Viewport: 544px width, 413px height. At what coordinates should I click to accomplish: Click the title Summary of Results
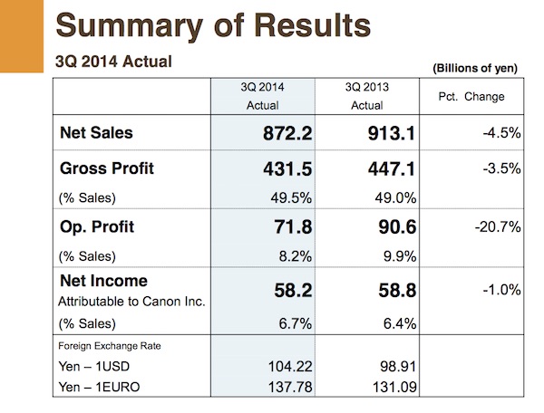(213, 26)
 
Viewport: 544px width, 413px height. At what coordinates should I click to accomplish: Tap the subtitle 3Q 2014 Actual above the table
(114, 62)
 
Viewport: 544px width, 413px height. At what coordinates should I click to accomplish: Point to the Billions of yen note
(475, 68)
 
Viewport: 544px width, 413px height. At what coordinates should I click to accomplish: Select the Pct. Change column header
(471, 97)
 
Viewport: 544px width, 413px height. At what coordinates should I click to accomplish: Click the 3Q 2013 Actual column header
(366, 96)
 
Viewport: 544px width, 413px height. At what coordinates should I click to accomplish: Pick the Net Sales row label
(96, 133)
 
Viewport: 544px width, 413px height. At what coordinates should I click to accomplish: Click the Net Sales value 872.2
(287, 133)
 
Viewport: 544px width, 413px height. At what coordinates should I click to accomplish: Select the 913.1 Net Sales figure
(392, 133)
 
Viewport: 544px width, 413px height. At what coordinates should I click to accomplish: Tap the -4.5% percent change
(501, 133)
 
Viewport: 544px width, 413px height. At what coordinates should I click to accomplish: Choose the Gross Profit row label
(106, 168)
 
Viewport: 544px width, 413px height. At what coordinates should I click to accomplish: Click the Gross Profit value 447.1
(392, 169)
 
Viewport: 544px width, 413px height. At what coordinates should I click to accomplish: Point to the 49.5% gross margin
(291, 197)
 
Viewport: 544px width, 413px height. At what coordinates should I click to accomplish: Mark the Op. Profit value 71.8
(293, 227)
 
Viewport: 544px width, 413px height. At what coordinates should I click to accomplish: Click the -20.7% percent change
(498, 227)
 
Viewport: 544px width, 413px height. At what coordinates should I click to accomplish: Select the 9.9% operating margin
(400, 256)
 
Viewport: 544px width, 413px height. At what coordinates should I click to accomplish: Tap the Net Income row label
(103, 281)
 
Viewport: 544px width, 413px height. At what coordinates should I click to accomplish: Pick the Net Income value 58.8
(397, 291)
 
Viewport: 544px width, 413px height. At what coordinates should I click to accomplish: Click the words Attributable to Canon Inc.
(131, 302)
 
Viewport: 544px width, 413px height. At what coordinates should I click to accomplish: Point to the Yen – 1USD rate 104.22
(290, 367)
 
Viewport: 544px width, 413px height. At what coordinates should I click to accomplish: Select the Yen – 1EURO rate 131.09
(394, 387)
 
